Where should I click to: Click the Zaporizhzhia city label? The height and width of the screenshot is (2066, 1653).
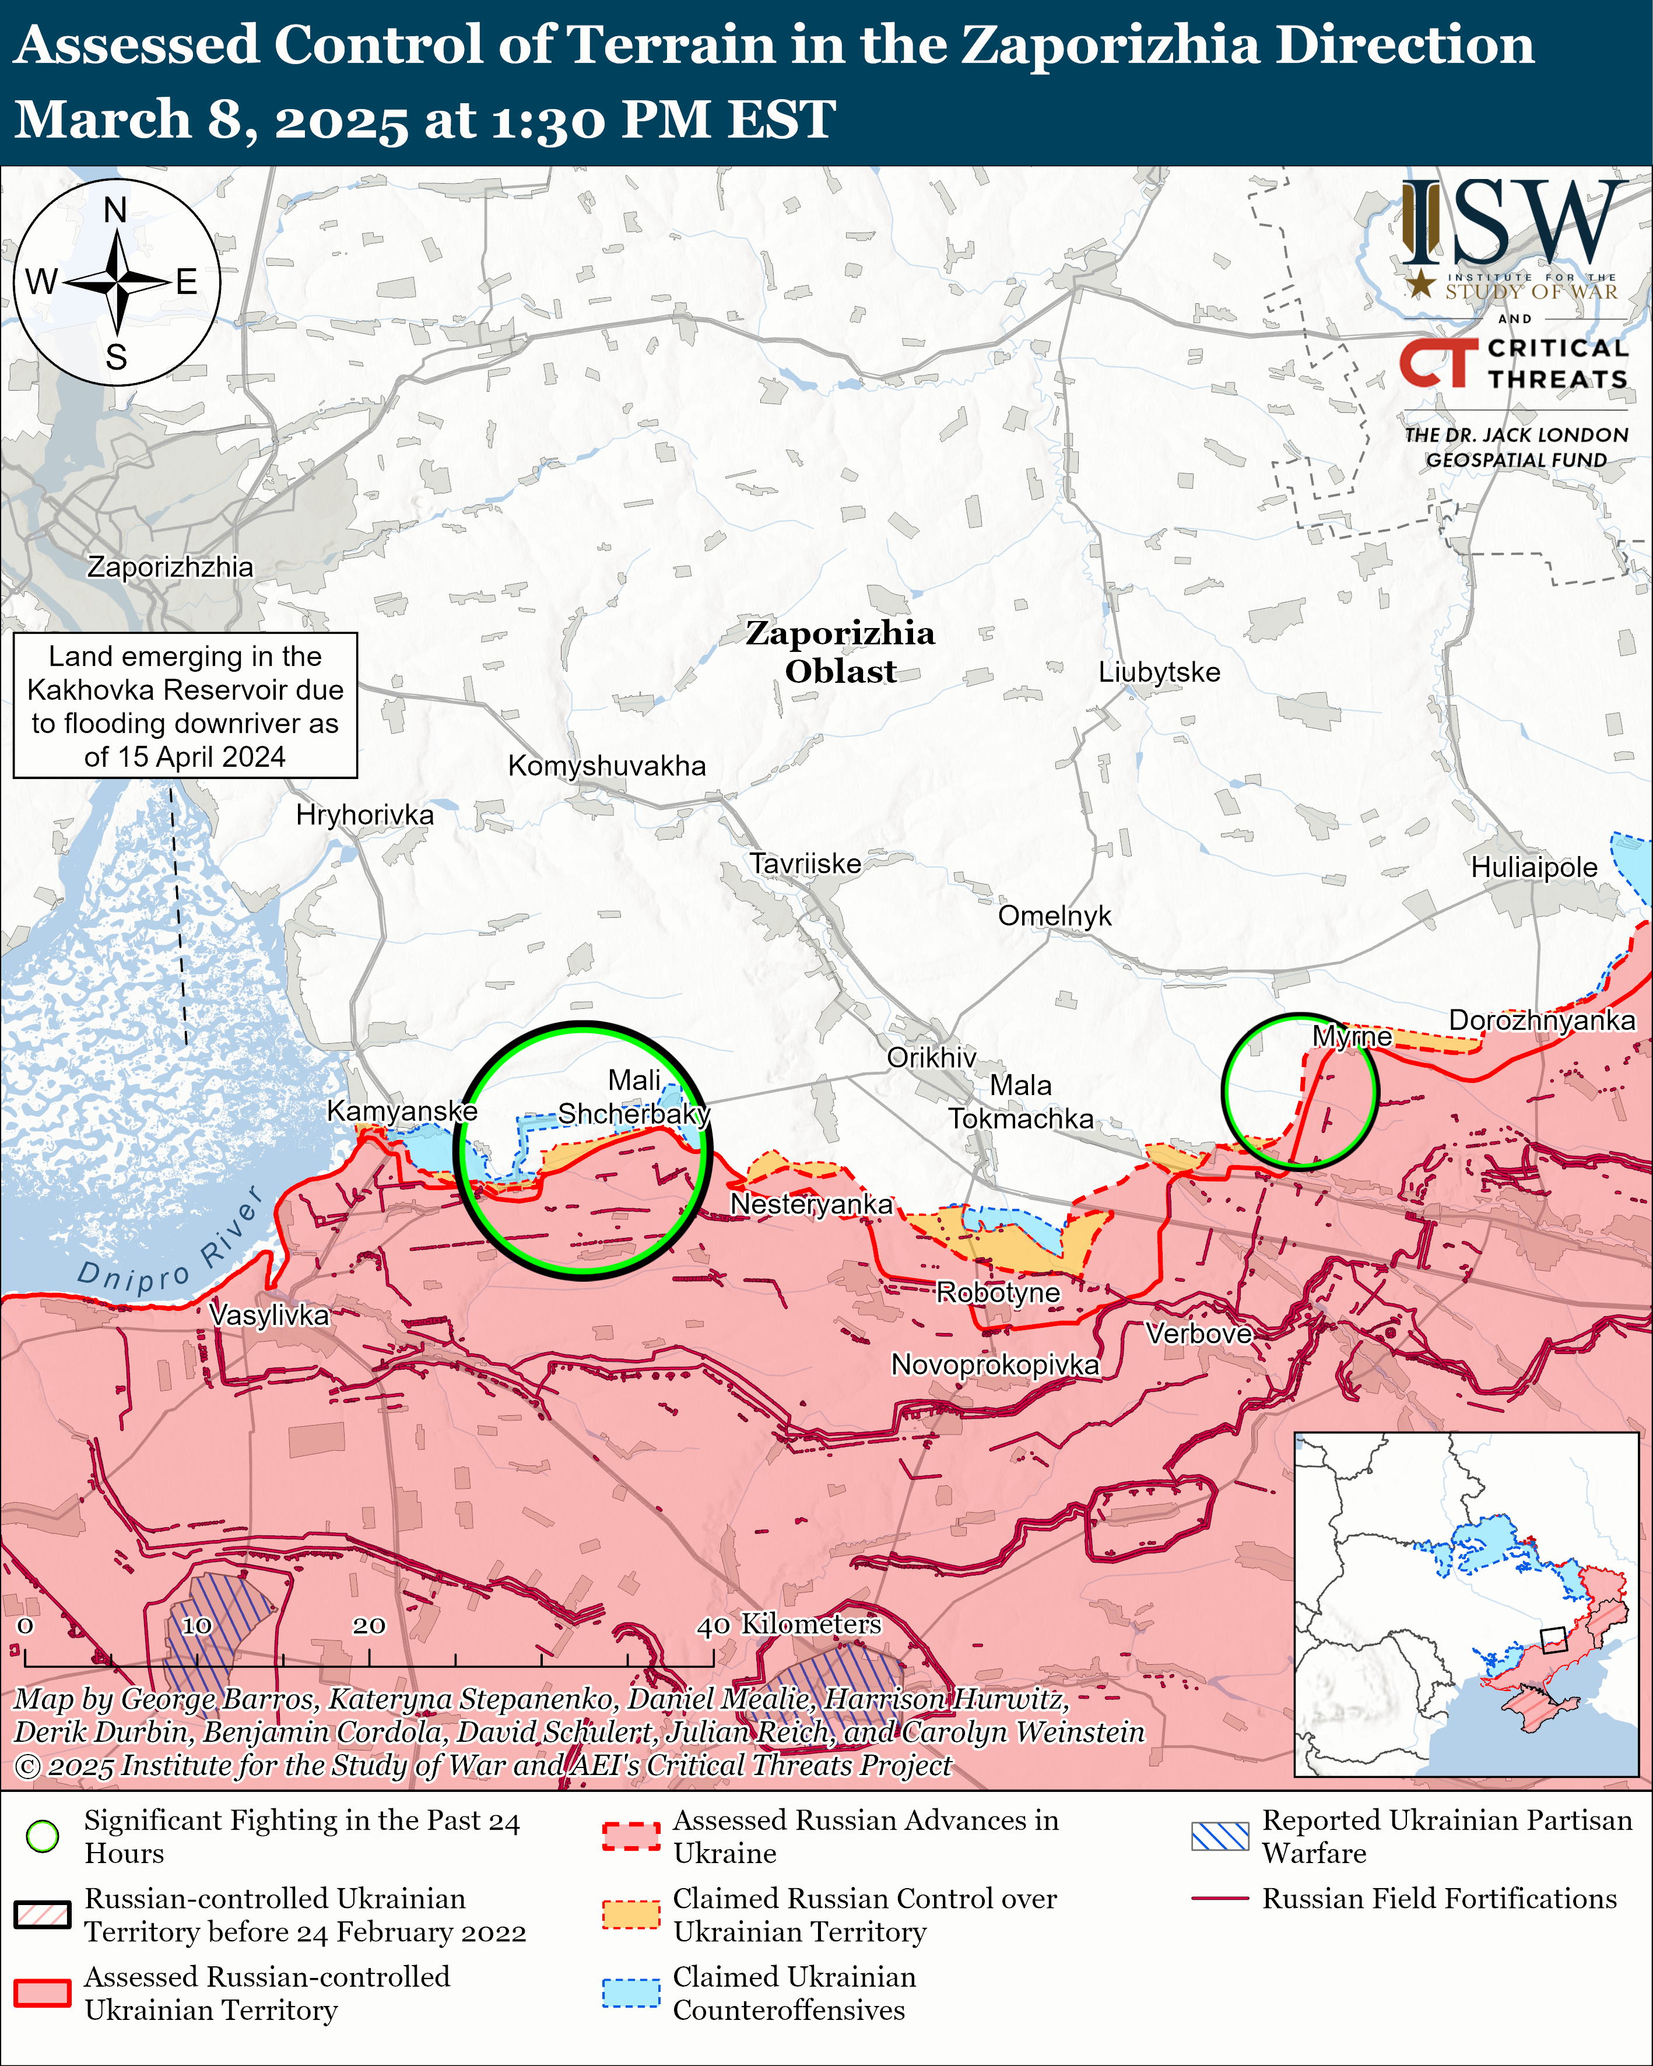(x=171, y=567)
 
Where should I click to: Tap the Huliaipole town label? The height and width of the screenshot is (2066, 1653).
(x=1533, y=867)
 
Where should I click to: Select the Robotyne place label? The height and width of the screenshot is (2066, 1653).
(x=998, y=1293)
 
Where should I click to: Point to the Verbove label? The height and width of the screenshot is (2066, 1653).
(x=1199, y=1333)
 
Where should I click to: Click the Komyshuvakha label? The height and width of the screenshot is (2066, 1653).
(x=606, y=766)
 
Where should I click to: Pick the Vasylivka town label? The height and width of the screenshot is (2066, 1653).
(x=269, y=1315)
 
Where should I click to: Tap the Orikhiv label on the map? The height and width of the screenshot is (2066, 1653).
(x=931, y=1057)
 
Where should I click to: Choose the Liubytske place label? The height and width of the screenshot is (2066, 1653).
(x=1159, y=672)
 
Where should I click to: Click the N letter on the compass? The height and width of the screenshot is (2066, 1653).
(x=115, y=210)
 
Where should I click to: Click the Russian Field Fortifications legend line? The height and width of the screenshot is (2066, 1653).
(x=1220, y=1898)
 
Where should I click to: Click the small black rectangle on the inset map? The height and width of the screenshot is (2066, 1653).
(x=1552, y=1640)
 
